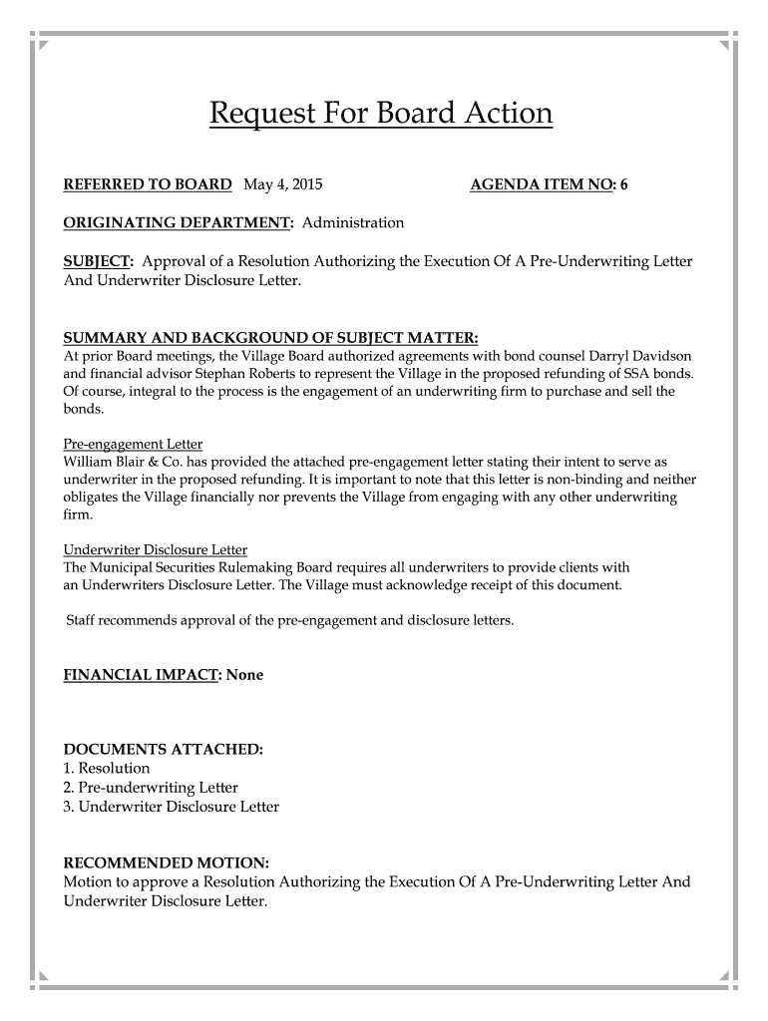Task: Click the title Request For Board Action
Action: click(x=380, y=115)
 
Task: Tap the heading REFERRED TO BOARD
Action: click(x=148, y=185)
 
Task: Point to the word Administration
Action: click(x=353, y=222)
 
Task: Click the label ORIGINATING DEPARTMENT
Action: click(x=178, y=222)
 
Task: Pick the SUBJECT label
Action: click(x=98, y=261)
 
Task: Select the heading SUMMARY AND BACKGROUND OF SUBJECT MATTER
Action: click(x=271, y=338)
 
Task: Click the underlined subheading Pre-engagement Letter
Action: click(x=133, y=445)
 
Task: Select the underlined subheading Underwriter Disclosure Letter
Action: click(x=156, y=549)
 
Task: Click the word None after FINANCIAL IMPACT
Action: click(x=245, y=675)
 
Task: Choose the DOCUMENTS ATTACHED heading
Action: click(x=163, y=749)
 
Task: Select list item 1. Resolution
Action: click(x=107, y=768)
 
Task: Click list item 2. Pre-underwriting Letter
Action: click(x=151, y=788)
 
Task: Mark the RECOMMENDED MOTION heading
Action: click(x=166, y=862)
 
